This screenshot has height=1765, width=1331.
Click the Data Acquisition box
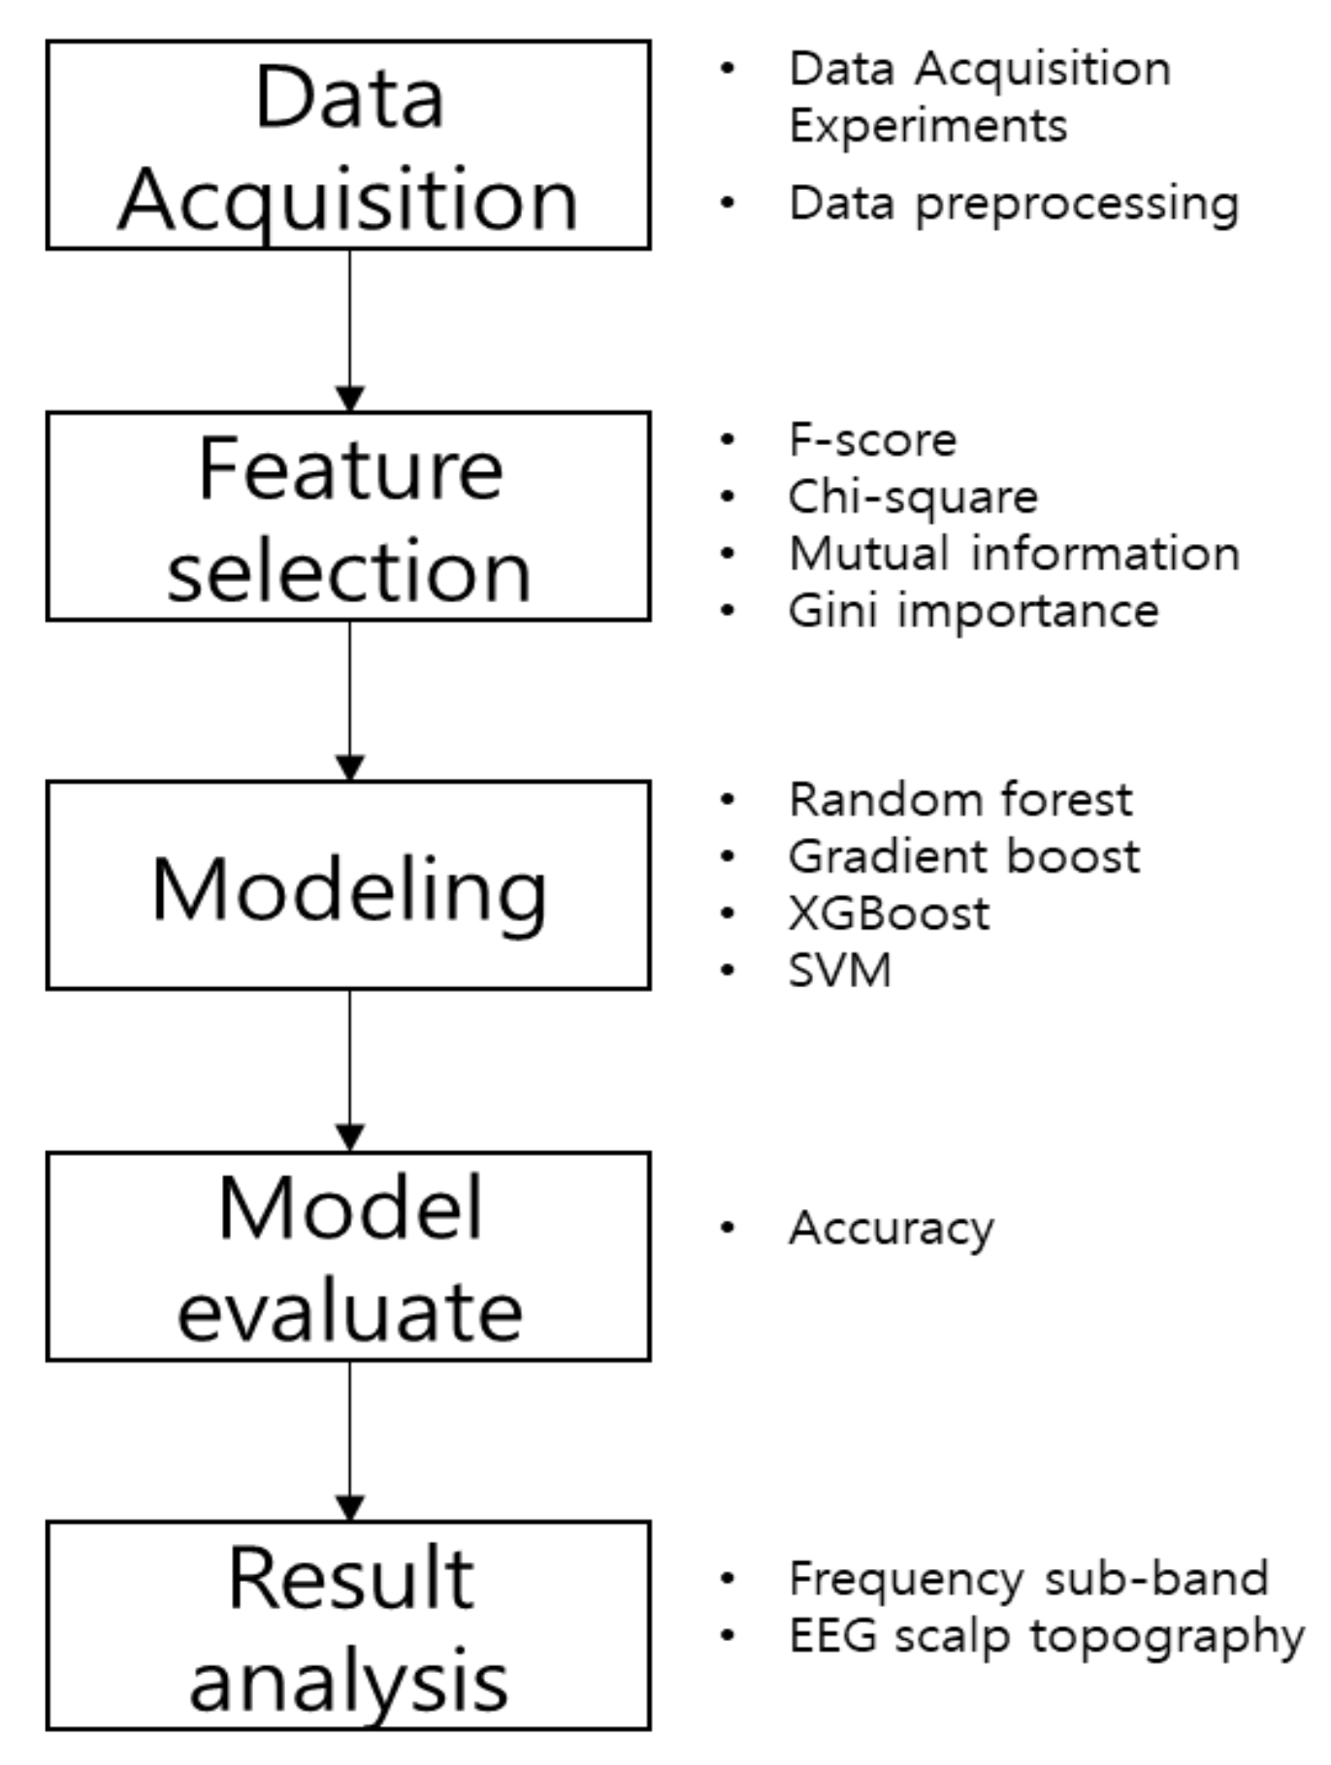click(x=348, y=145)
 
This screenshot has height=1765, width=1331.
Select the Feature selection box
click(x=348, y=517)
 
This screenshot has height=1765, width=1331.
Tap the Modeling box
click(x=348, y=885)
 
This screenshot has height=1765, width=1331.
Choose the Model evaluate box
click(x=348, y=1257)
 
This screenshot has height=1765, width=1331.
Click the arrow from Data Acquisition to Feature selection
click(x=349, y=330)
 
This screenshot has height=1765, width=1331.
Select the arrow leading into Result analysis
click(x=349, y=1440)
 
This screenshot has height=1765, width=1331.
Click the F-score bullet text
click(x=872, y=440)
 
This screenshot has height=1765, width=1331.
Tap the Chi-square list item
click(x=913, y=497)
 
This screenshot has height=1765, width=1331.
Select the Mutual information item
click(x=1014, y=554)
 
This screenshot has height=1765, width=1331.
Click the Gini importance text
click(x=973, y=611)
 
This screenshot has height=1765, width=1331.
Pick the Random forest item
click(x=960, y=800)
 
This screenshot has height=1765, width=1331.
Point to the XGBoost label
click(x=889, y=914)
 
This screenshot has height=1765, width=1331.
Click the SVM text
click(x=839, y=971)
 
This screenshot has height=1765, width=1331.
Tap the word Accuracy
click(x=891, y=1229)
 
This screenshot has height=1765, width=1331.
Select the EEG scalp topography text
click(x=1046, y=1636)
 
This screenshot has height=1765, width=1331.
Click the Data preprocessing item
click(x=1014, y=204)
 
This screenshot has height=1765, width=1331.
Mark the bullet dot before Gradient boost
click(x=728, y=856)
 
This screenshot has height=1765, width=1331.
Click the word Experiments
click(x=927, y=125)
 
